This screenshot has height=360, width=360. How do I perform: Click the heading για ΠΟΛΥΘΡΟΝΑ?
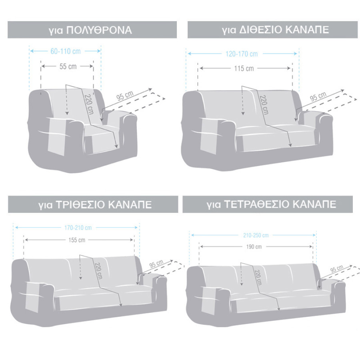click(x=93, y=30)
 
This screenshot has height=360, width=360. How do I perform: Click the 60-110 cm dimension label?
click(x=65, y=51)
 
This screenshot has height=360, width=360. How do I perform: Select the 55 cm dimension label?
click(x=68, y=66)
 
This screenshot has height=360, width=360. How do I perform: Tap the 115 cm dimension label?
click(x=244, y=68)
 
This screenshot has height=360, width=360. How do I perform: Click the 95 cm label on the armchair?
click(x=125, y=96)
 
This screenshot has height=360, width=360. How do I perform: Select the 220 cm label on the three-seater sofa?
click(x=98, y=271)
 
